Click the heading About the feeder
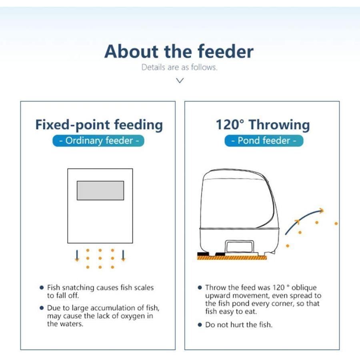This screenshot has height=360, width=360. (x=179, y=51)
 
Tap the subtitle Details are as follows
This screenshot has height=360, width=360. (x=179, y=67)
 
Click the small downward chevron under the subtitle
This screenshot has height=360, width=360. (x=180, y=80)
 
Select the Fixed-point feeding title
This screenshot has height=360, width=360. (x=99, y=125)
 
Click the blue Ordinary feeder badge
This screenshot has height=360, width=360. (x=98, y=140)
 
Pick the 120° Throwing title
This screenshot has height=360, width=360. (x=263, y=125)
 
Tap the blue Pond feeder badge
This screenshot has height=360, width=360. (x=264, y=140)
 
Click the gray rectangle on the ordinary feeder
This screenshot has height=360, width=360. (x=100, y=190)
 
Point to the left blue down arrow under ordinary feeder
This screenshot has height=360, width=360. (x=77, y=255)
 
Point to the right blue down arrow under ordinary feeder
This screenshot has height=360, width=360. (x=123, y=255)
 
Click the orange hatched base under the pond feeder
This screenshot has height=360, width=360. (x=232, y=258)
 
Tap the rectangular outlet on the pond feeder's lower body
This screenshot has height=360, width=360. (x=240, y=246)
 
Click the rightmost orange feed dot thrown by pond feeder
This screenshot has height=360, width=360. (x=336, y=223)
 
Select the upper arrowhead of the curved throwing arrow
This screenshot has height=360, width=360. (x=322, y=210)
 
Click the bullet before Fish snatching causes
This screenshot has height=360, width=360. (x=42, y=288)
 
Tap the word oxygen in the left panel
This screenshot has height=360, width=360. (x=133, y=316)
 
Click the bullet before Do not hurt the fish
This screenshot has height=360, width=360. (x=200, y=325)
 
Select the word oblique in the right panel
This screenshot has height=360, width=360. (x=304, y=288)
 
